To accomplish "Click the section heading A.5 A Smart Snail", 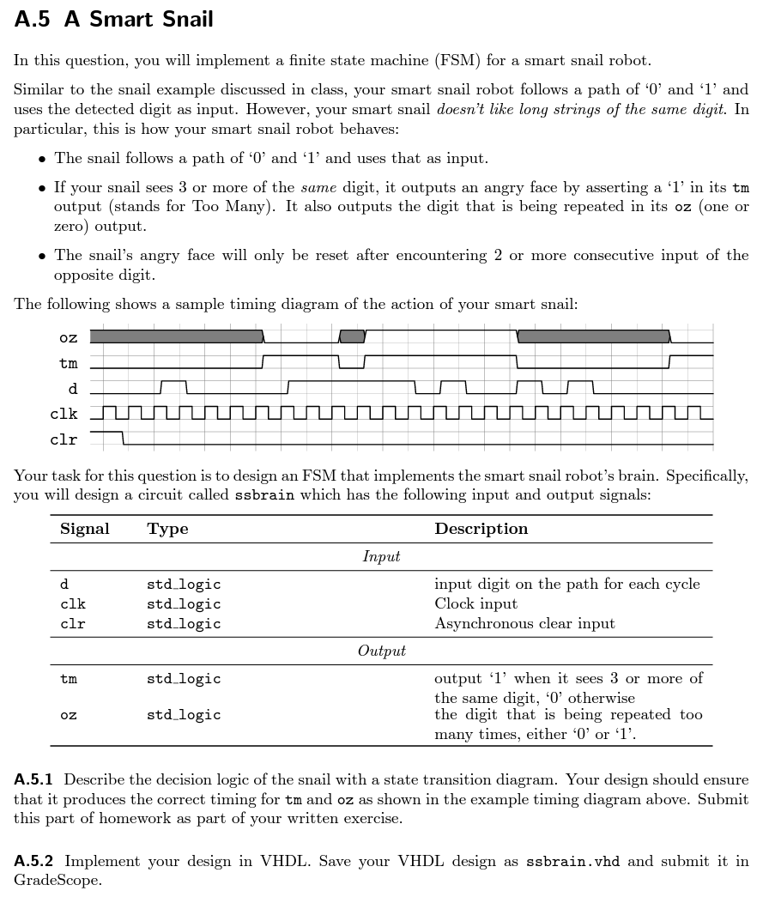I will [114, 20].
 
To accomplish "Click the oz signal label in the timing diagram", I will [69, 337].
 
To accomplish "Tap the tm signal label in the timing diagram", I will [69, 363].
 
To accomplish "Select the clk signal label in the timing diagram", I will [64, 414].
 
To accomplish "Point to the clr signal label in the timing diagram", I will [64, 439].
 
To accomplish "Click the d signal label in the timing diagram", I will [73, 389].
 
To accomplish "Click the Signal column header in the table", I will [85, 529].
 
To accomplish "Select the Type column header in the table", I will [167, 529].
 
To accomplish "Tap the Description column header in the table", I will [481, 529].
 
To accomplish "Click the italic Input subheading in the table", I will [381, 556].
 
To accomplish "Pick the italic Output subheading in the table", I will [381, 651].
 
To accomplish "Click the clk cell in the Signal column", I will [73, 603].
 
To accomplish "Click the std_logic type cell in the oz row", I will [184, 715].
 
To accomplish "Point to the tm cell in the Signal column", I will [69, 679].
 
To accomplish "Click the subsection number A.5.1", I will [34, 780].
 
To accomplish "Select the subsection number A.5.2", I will [34, 861].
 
